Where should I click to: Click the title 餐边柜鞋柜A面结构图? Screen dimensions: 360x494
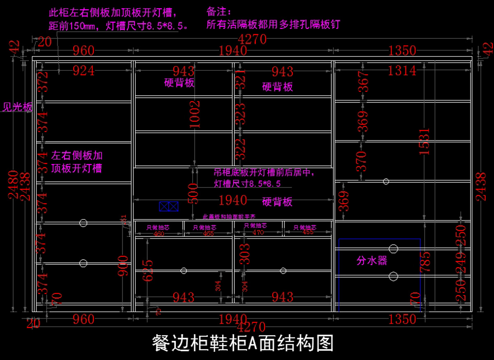click(x=242, y=343)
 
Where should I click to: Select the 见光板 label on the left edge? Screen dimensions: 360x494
click(x=17, y=108)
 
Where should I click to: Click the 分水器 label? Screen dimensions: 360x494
click(x=372, y=261)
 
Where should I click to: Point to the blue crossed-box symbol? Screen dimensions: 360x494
click(x=169, y=206)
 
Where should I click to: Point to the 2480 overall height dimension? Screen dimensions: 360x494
click(x=12, y=184)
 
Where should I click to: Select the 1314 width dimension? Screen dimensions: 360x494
click(x=402, y=71)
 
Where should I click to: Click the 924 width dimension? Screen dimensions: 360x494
click(x=84, y=71)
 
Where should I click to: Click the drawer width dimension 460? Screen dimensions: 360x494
click(x=158, y=234)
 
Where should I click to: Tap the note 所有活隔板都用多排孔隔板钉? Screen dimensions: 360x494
click(x=273, y=24)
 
